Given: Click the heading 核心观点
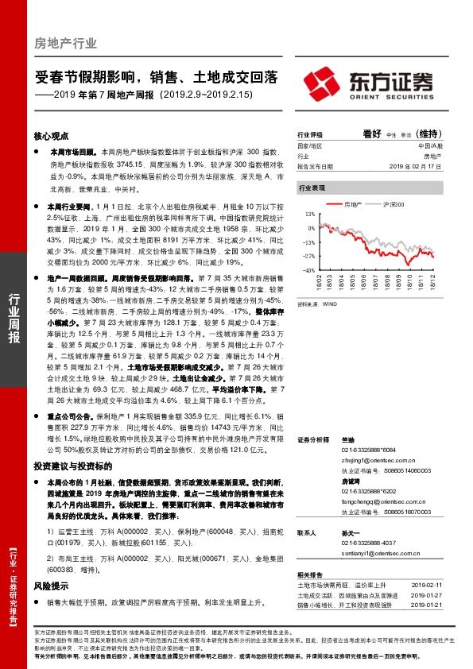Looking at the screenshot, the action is [51, 136].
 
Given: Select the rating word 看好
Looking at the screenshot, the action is [373, 133].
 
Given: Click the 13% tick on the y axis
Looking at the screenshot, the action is [308, 214].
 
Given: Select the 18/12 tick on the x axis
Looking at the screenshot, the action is [432, 282].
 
